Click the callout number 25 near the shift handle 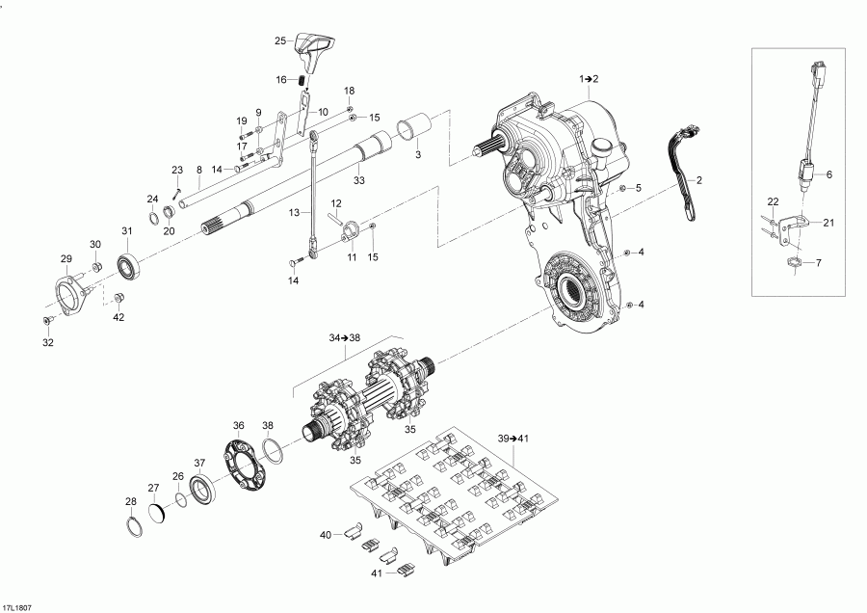point(280,41)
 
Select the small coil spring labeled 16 point(302,80)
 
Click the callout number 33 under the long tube point(358,180)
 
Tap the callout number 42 point(118,316)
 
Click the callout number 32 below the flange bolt point(47,342)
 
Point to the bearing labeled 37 point(203,489)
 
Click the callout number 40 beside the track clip point(325,534)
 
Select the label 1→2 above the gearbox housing point(589,77)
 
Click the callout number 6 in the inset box point(828,174)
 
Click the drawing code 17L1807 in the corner point(16,607)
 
